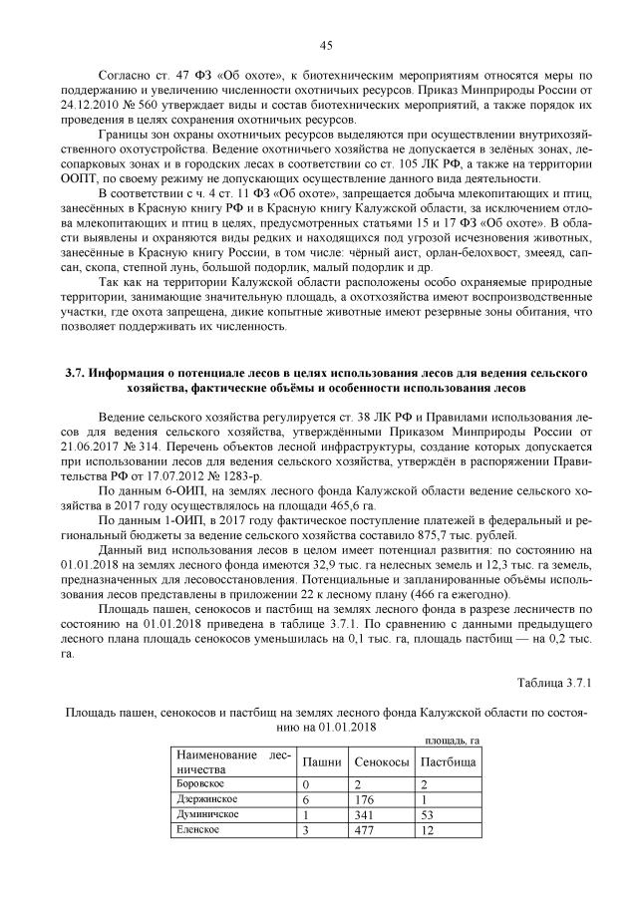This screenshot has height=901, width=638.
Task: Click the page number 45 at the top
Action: (x=325, y=44)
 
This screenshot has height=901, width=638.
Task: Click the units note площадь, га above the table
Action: (x=453, y=740)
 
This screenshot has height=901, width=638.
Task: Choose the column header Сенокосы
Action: (x=380, y=761)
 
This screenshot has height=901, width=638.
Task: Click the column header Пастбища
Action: (x=448, y=761)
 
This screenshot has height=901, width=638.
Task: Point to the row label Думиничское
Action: (x=206, y=814)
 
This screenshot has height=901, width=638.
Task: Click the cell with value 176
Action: (x=365, y=799)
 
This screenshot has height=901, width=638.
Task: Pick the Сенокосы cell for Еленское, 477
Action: (x=365, y=830)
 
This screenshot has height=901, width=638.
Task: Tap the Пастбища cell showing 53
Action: (x=429, y=814)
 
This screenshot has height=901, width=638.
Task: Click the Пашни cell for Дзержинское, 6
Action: (x=307, y=799)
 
